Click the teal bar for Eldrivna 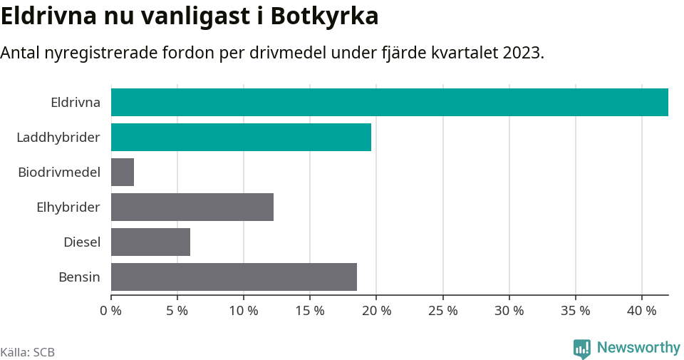390,102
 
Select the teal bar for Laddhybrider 241,137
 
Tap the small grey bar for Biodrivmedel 123,172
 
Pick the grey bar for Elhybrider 192,207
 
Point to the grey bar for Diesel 150,242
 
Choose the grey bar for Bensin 234,277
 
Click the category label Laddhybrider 58,137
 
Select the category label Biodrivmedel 59,172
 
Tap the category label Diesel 82,242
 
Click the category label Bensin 79,277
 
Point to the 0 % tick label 110,311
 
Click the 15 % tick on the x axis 310,311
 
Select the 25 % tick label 442,311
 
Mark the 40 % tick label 642,311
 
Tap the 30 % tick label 509,311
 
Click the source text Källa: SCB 28,352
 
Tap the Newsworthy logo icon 582,349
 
